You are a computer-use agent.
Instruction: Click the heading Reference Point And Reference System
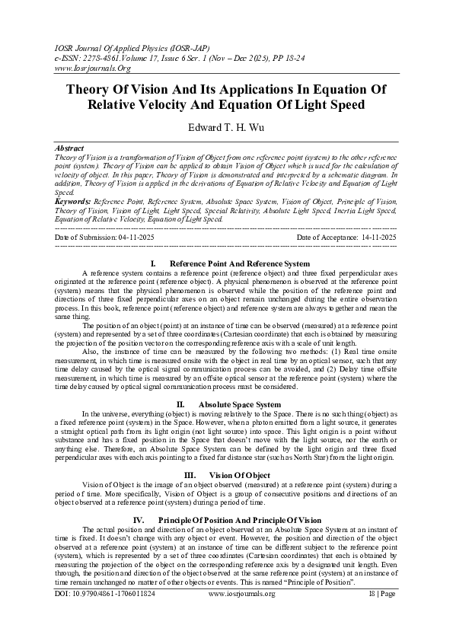(240, 263)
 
